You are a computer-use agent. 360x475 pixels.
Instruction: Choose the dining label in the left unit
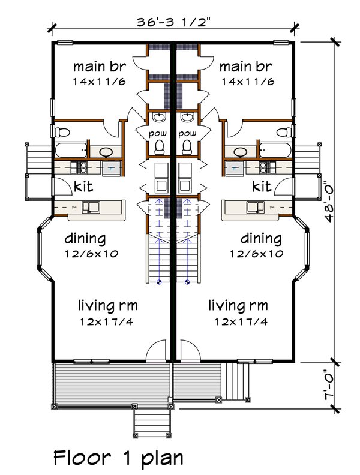[x=86, y=239]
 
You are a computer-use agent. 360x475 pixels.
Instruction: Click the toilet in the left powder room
[x=160, y=147]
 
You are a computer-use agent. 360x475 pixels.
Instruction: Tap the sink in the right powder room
[x=188, y=117]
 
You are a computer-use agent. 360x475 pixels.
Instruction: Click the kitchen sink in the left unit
[x=92, y=208]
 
